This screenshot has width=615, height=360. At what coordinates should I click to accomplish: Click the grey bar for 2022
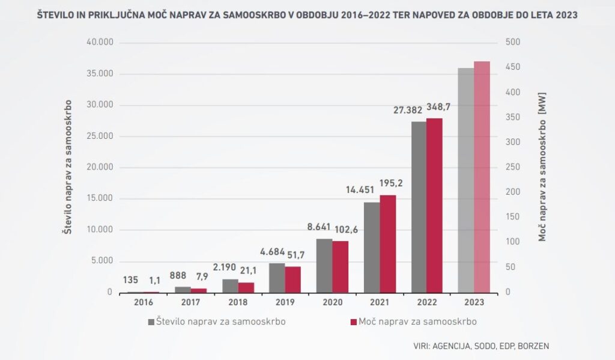419,207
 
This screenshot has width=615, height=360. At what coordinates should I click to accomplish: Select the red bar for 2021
387,243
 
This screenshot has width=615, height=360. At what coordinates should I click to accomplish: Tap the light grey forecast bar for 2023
465,180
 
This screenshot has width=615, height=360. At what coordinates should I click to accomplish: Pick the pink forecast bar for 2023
482,177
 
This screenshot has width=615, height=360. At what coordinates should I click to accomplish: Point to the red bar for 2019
292,279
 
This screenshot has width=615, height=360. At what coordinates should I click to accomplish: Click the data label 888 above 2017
178,275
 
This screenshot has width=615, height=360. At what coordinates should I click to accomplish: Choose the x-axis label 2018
238,302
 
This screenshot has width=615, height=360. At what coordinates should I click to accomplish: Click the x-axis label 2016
144,302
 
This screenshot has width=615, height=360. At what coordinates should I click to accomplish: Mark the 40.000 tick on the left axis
100,43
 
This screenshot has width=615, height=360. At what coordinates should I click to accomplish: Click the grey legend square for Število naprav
151,322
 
